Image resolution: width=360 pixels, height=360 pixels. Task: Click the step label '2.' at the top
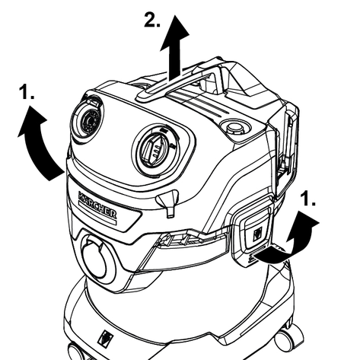(x=152, y=20)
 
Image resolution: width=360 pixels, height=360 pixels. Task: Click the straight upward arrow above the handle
(x=175, y=48)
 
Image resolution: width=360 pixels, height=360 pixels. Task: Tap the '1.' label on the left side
(x=27, y=92)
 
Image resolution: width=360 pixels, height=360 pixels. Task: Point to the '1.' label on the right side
(x=307, y=199)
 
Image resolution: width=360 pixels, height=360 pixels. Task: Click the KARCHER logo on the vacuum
(x=97, y=205)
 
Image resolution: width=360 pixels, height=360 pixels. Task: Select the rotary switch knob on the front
(x=157, y=150)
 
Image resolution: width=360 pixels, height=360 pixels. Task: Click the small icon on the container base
(x=106, y=337)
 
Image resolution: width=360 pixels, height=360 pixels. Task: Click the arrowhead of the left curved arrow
(x=31, y=119)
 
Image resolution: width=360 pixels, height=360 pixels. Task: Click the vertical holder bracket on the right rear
(x=287, y=147)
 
